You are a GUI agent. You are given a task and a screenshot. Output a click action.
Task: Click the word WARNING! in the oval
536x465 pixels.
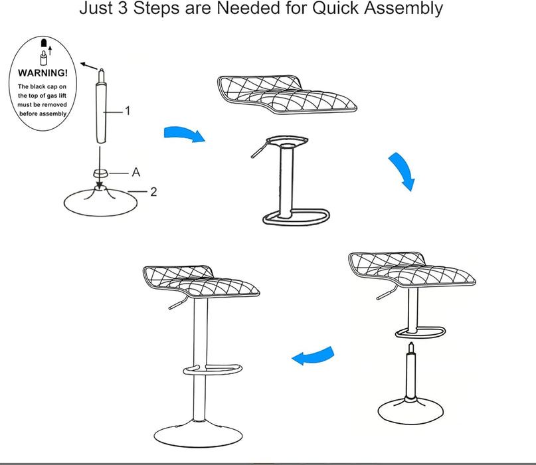click(x=43, y=72)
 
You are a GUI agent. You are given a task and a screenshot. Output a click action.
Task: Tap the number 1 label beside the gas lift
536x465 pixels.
click(x=128, y=111)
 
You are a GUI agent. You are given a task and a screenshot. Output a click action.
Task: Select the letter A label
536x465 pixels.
click(x=135, y=172)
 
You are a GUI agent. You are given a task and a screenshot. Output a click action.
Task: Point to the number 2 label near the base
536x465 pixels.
click(x=153, y=192)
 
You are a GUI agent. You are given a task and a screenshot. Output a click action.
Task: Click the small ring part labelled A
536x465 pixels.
click(x=100, y=173)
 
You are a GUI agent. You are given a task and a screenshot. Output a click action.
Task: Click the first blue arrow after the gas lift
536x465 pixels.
click(x=184, y=134)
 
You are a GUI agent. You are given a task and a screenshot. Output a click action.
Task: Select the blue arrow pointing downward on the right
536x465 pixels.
click(x=403, y=171)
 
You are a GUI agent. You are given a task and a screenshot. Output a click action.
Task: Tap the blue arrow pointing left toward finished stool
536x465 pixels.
click(x=313, y=357)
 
